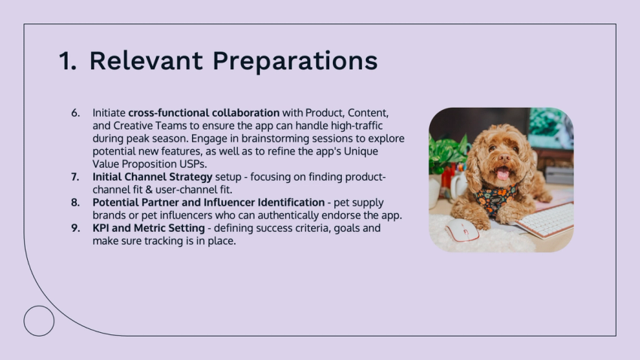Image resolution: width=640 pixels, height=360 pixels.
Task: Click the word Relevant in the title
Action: pos(145,61)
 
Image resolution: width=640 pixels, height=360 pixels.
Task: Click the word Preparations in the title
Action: pos(294,61)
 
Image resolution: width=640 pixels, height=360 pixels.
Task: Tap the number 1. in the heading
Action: pos(68,61)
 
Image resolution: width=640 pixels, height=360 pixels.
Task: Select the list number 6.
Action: pos(75,113)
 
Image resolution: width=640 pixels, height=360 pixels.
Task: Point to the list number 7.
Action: pos(75,177)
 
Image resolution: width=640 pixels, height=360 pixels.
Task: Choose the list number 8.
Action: pos(75,203)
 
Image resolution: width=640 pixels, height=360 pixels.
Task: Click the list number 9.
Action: pos(75,228)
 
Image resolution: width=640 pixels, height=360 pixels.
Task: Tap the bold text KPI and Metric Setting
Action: pos(148,228)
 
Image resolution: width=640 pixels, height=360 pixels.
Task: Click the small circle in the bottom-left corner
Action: pos(39,321)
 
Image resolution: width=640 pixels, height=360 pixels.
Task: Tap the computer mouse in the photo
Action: pos(461,230)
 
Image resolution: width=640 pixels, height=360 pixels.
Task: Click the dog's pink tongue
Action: pos(502,175)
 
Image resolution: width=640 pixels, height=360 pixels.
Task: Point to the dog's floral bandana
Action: pos(496,200)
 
